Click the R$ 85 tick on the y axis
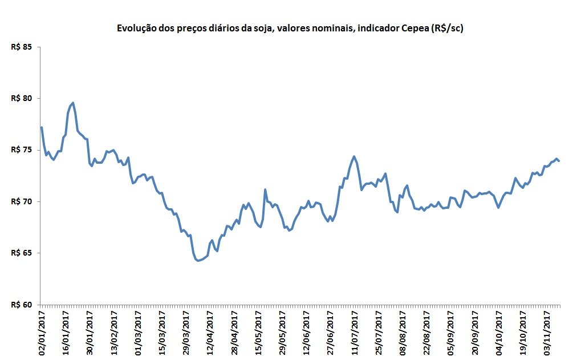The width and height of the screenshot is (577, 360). [21, 47]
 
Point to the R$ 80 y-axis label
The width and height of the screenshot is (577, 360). [21, 98]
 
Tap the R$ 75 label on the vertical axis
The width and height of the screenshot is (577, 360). [21, 150]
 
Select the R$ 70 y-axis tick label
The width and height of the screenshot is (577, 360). [21, 201]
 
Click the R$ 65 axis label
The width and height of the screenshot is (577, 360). [21, 253]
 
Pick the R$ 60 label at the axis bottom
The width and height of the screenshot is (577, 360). [21, 305]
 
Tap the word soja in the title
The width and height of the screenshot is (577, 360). [262, 29]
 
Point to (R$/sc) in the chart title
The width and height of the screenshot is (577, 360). [447, 29]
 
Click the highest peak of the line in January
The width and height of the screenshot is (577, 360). [73, 103]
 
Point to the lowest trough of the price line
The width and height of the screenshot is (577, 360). [198, 261]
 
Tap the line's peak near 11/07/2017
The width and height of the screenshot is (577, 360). [354, 156]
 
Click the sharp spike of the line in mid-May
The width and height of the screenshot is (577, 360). [265, 189]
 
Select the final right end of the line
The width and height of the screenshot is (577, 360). [559, 161]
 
